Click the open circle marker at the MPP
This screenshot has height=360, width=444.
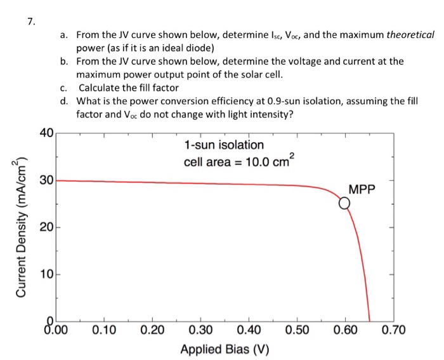tap(344, 204)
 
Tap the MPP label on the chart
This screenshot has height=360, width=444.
tap(362, 190)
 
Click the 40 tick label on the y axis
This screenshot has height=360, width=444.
tap(46, 133)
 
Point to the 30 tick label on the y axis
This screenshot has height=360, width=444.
tap(46, 180)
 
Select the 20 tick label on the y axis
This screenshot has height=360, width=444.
tap(46, 227)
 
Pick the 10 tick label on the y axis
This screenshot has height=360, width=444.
tap(46, 275)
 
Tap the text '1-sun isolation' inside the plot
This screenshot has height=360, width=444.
tap(223, 145)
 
